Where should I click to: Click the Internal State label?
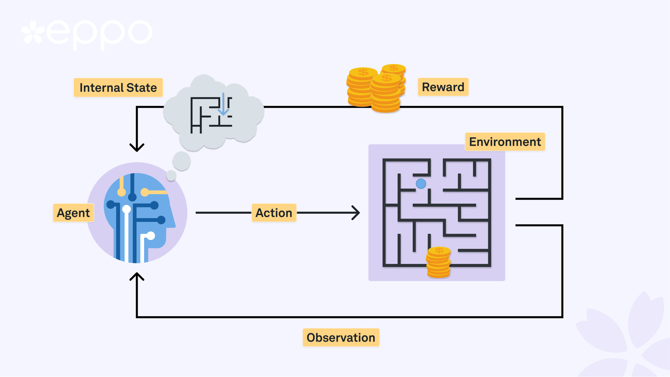click(x=118, y=88)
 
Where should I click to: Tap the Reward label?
click(x=443, y=87)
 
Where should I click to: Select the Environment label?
click(x=505, y=142)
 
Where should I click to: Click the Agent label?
click(x=73, y=213)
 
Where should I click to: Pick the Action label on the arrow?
click(x=274, y=213)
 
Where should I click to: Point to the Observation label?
click(x=341, y=338)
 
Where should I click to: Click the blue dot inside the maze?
click(x=421, y=184)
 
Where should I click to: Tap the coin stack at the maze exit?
click(x=438, y=263)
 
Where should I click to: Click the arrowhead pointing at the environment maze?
click(x=356, y=213)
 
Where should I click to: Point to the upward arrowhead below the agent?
click(x=137, y=277)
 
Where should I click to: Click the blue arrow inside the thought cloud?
click(x=223, y=104)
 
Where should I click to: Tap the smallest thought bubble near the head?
click(x=171, y=175)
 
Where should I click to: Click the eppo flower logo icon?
click(x=33, y=32)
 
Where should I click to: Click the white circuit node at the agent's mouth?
click(x=151, y=236)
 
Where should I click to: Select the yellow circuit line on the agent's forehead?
click(x=155, y=192)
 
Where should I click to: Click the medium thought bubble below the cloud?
click(x=181, y=161)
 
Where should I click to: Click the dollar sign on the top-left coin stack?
click(x=363, y=72)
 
